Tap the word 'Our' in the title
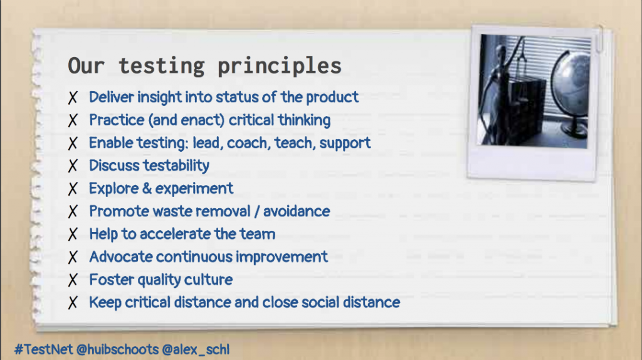(86, 65)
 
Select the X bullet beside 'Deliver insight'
(73, 97)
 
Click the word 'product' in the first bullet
(332, 97)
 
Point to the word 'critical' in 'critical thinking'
(251, 120)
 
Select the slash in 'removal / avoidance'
(256, 212)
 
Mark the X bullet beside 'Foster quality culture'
(73, 280)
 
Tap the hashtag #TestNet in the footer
(43, 349)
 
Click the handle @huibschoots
(117, 349)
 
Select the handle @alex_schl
(196, 349)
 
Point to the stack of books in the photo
(525, 107)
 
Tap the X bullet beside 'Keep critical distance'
(73, 303)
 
